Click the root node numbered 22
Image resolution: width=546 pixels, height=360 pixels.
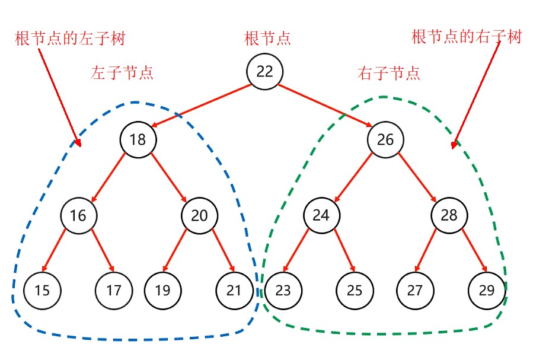coord(264,72)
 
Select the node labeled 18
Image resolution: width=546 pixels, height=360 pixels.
coord(138,140)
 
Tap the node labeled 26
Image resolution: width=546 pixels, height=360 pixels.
coord(385,140)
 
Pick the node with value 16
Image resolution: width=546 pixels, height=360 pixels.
coord(78,215)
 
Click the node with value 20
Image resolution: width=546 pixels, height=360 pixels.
coord(200,215)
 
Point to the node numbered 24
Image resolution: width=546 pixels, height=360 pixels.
coord(321,215)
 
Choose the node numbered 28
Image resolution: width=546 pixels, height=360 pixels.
coord(449,215)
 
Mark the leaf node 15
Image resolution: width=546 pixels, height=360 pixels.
coord(42,291)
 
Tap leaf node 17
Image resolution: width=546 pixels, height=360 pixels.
coord(114,291)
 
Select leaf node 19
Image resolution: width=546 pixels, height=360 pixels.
coord(163,291)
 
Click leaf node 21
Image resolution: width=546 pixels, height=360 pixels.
coord(234,291)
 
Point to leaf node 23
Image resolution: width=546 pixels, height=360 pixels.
coord(283,291)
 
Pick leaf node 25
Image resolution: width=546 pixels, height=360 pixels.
coord(355,291)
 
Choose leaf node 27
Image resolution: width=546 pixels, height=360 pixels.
coord(414,291)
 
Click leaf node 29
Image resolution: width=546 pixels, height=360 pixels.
coord(487,291)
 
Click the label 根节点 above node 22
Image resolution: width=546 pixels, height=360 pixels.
coord(267,39)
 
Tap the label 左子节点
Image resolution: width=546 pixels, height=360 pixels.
coord(122,73)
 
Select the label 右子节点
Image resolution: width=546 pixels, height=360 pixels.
coord(389,74)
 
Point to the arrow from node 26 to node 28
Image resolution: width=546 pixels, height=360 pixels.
coord(417,177)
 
